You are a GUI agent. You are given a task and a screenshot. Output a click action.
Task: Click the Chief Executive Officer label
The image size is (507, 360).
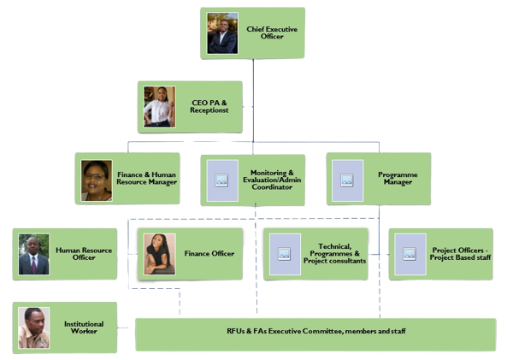click(x=272, y=32)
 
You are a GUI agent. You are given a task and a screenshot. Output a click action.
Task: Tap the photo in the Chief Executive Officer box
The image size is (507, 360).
click(x=222, y=33)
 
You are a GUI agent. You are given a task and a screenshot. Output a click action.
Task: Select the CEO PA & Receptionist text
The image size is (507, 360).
click(x=209, y=106)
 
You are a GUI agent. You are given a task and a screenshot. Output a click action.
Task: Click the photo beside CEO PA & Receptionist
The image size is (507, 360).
click(x=160, y=107)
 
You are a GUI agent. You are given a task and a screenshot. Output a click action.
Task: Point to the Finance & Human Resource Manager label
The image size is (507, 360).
click(x=147, y=178)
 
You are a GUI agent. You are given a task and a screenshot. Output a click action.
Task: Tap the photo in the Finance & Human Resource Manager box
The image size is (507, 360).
click(x=97, y=180)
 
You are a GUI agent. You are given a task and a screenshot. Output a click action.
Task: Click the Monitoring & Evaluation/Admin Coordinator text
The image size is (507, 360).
click(x=272, y=180)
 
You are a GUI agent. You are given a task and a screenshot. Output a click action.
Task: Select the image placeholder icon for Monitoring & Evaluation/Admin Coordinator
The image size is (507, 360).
click(x=221, y=180)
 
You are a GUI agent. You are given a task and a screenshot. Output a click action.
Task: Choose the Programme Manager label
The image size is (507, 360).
click(x=398, y=178)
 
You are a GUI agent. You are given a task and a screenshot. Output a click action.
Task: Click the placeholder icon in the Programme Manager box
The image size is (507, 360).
click(x=347, y=180)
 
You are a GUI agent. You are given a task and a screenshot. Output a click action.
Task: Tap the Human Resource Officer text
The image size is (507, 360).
click(x=84, y=254)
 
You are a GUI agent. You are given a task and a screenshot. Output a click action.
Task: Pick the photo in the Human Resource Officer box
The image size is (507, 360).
click(x=34, y=254)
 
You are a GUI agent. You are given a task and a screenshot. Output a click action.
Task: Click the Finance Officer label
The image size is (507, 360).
click(x=209, y=254)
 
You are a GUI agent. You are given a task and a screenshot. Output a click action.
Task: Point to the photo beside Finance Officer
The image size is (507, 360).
click(x=160, y=254)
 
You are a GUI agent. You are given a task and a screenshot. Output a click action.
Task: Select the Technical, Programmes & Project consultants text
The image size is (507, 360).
click(x=334, y=254)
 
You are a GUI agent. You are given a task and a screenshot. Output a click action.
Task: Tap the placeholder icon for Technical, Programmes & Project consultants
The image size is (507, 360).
click(x=285, y=254)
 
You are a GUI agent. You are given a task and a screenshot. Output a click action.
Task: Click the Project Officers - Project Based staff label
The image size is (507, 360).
click(x=460, y=254)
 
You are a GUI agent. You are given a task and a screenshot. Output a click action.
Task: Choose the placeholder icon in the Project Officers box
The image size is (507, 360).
click(x=410, y=254)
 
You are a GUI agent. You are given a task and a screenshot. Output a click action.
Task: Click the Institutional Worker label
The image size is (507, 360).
click(x=84, y=328)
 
